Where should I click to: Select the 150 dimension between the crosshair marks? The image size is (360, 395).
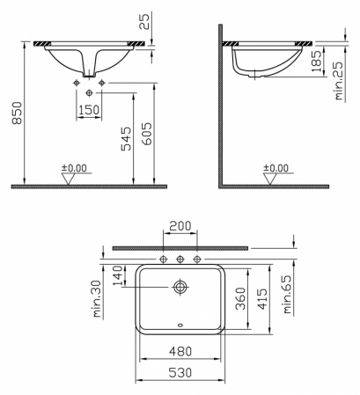coord(89,109)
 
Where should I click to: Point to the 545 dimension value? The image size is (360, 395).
coord(126,139)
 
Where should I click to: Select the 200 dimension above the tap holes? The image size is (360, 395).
coord(180,227)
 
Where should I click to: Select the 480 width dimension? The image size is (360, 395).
coord(180,352)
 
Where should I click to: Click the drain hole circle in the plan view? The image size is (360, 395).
coord(180,287)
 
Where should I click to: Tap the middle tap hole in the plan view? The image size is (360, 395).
coord(180,260)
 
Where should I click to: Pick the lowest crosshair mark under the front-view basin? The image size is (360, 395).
coord(89,92)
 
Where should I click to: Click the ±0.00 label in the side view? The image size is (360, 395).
coord(276,167)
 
